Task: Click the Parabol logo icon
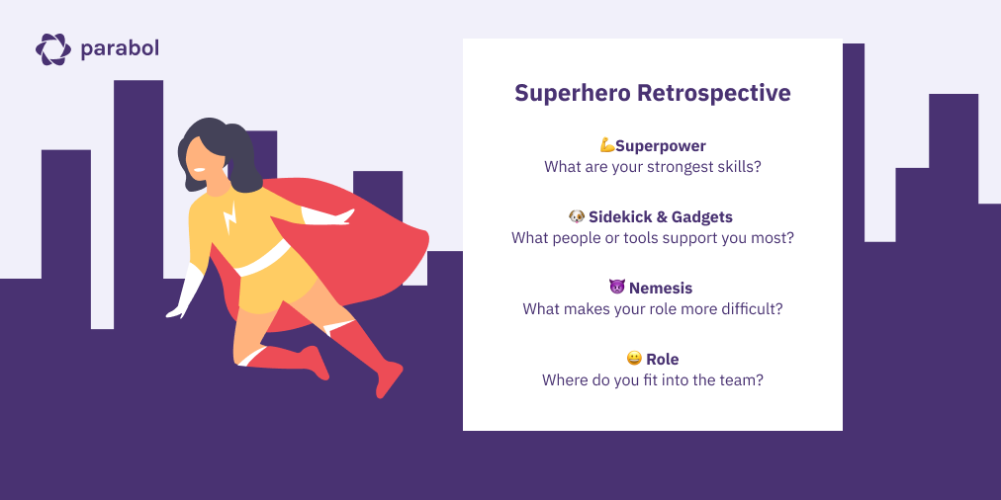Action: coord(53,48)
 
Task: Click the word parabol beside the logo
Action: coord(120,47)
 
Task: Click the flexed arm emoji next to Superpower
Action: coord(607,146)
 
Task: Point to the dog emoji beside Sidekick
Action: coord(577,216)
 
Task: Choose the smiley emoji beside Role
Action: coord(634,359)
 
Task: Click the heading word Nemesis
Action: coord(661,288)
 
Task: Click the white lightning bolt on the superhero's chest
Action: coord(230,216)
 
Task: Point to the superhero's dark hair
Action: coord(232,148)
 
